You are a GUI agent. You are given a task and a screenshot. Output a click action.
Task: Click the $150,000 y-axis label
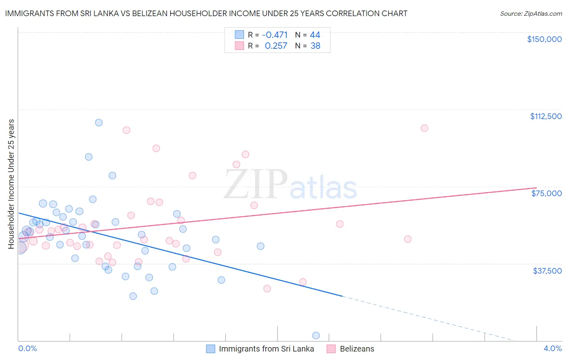(544, 39)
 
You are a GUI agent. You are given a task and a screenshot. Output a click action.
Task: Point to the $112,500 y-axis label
(546, 116)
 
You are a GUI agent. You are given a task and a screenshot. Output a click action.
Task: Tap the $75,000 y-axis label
(546, 193)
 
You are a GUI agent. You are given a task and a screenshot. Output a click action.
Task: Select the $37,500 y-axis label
(547, 271)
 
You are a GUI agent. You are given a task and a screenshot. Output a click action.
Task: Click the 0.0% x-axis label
(27, 348)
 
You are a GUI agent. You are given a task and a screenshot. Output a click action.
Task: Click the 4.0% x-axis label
(552, 348)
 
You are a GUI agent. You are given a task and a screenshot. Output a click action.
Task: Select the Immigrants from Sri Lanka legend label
(266, 349)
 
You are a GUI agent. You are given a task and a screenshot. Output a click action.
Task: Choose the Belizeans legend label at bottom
(357, 349)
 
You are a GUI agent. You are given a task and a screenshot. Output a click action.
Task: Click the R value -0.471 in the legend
(275, 35)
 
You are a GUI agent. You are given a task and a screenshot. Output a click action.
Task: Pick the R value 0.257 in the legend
(276, 46)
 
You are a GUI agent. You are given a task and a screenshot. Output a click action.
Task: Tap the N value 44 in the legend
(315, 35)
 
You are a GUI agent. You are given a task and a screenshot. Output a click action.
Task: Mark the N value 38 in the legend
(315, 46)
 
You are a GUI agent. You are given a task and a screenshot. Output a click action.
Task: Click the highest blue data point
(99, 123)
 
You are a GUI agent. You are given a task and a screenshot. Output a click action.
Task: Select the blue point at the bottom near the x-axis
(316, 335)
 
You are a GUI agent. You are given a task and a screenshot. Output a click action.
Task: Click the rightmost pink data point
(424, 128)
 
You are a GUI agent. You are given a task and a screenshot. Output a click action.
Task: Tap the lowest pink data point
(267, 289)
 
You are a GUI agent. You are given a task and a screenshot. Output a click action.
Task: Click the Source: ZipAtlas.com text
(531, 14)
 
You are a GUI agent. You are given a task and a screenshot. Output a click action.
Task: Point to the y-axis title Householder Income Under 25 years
(11, 184)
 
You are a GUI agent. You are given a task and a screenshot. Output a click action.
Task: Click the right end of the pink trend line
(536, 188)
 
